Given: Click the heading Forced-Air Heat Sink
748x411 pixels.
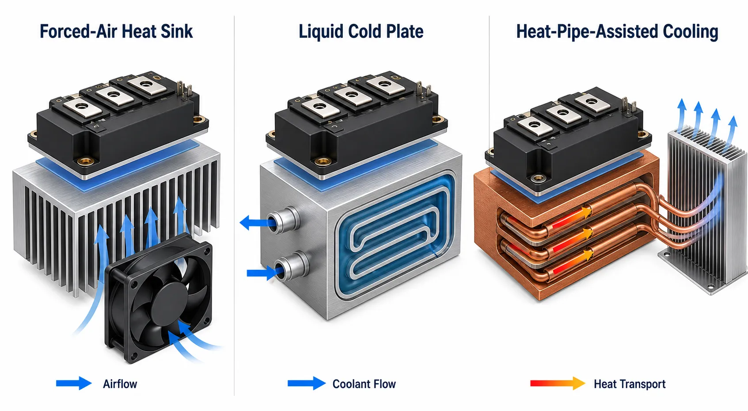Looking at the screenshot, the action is (x=116, y=31).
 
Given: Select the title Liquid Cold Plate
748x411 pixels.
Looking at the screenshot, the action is (x=361, y=31).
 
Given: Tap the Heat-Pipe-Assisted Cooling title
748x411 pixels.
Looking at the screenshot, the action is (x=617, y=32).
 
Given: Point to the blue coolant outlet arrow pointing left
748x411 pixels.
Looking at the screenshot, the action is (x=257, y=223).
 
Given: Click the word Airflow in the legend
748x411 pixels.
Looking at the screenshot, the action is (x=120, y=384).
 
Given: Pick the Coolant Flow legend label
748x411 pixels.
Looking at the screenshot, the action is (x=364, y=384).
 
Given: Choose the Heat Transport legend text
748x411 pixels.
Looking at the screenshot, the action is (x=630, y=384).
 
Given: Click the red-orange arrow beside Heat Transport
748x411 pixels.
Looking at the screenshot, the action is (x=558, y=383).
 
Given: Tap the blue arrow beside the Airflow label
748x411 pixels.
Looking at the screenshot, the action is (x=74, y=383).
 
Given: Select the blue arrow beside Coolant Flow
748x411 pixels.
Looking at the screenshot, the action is (x=307, y=383).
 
